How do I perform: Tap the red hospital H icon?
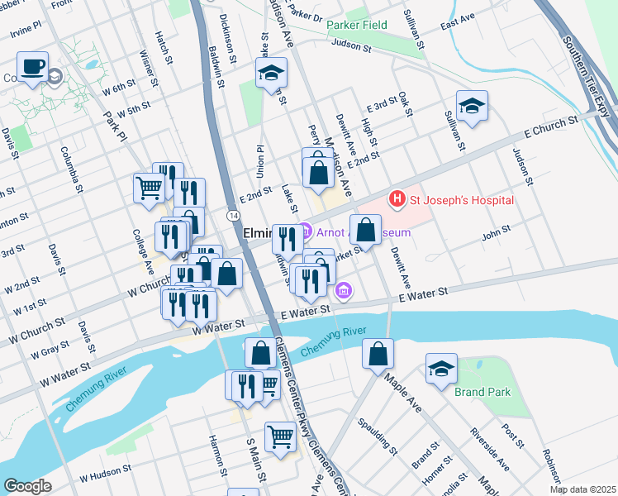397,199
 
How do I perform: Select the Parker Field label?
356,26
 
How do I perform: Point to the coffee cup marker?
33,67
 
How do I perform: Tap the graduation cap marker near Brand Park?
442,368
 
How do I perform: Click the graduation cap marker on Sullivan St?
472,106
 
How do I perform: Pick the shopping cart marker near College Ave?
149,187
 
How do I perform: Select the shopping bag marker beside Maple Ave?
378,353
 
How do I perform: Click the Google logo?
26,486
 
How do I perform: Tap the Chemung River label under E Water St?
333,343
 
